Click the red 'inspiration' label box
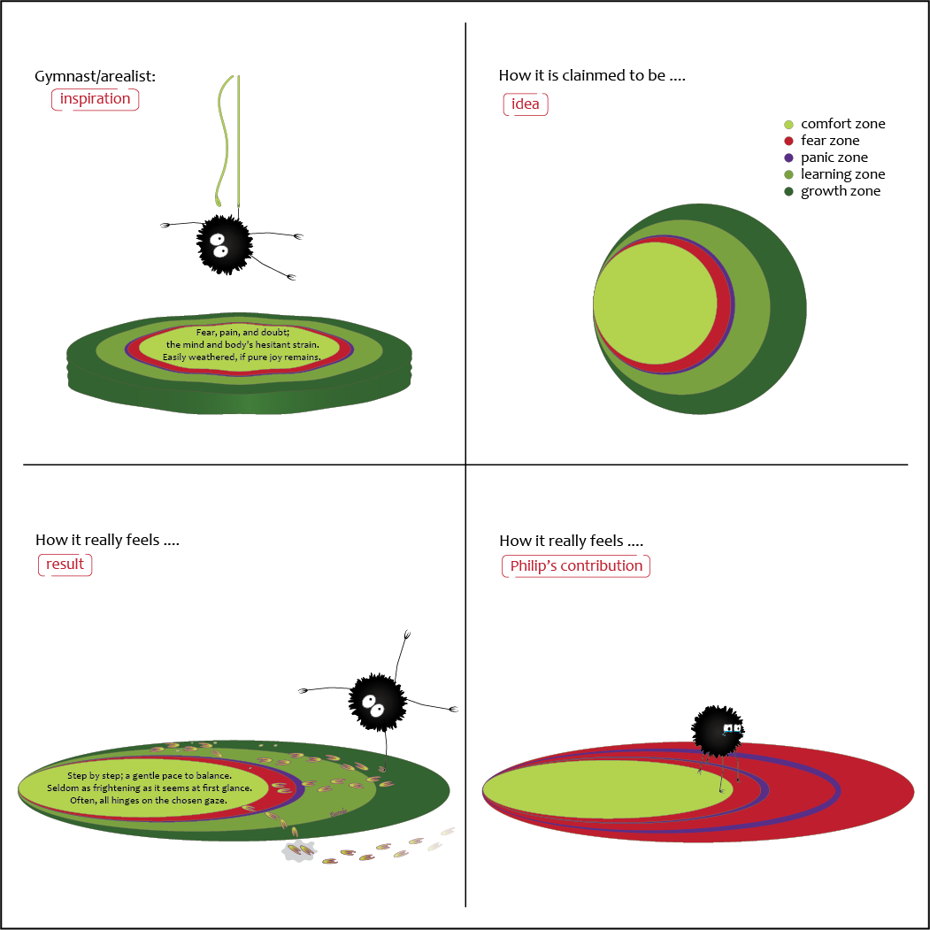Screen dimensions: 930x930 pos(96,99)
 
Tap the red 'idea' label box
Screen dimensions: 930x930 pos(526,105)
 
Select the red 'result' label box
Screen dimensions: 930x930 pos(65,565)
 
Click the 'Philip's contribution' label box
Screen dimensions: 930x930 pos(576,566)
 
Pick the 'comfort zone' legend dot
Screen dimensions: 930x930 pos(789,124)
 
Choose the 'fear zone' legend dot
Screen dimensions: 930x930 pos(789,141)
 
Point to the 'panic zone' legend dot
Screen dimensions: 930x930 pos(789,158)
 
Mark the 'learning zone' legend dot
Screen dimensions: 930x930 pos(789,174)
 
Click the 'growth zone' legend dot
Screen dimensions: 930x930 pos(789,191)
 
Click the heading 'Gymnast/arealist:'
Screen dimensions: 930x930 pos(95,77)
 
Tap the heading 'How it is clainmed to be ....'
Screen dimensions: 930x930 pos(592,76)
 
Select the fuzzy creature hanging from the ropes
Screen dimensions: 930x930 pos(224,243)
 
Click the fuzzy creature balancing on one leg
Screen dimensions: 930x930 pos(378,702)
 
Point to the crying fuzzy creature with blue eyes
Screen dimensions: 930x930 pos(718,729)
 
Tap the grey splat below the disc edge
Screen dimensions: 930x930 pos(298,851)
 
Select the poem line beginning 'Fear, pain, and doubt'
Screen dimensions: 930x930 pos(242,332)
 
